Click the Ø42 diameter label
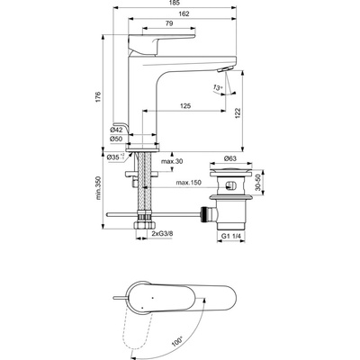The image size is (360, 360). pos(115,129)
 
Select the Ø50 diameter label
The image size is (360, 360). pos(115,139)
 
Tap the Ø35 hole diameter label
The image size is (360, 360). pos(113,157)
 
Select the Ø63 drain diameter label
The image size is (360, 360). pos(229,157)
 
